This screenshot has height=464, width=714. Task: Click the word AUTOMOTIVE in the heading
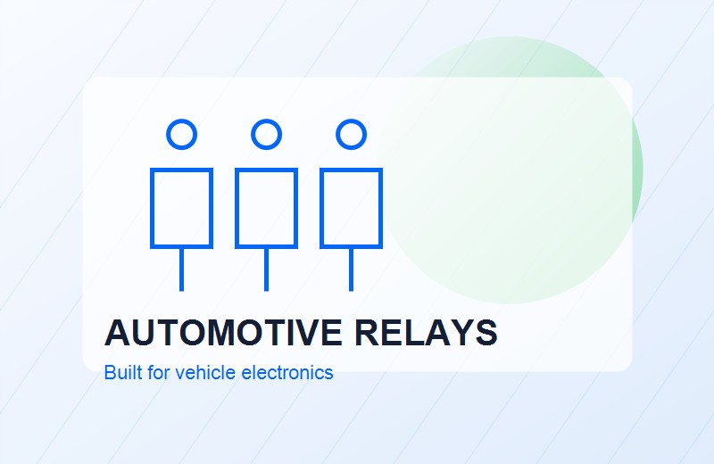(x=223, y=333)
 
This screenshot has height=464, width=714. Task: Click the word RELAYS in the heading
(x=426, y=333)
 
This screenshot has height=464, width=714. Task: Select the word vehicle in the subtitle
(x=206, y=372)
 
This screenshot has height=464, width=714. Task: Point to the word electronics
(x=287, y=372)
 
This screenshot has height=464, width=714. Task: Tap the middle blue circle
(x=266, y=120)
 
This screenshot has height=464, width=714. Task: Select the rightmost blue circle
(x=351, y=120)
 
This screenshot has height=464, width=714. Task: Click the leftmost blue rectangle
(x=152, y=208)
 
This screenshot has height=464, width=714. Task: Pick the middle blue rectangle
(x=237, y=208)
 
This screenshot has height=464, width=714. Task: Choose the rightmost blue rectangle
(x=321, y=208)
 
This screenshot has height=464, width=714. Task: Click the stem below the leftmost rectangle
(x=182, y=269)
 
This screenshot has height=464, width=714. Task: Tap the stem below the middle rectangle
(x=266, y=269)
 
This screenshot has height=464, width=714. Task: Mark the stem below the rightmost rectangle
(x=351, y=269)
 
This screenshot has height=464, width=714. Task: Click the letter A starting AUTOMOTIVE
(x=117, y=333)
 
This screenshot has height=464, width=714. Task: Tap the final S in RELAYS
(x=486, y=333)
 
